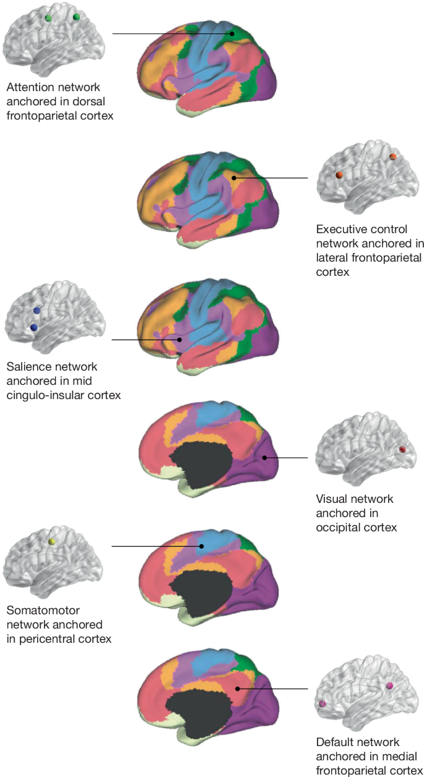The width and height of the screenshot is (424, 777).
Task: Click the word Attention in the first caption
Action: [x=28, y=87]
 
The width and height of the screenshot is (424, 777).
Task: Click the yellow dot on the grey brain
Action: [x=53, y=542]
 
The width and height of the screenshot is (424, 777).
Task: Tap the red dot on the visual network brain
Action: [x=402, y=450]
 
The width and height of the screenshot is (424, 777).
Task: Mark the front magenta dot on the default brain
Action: [x=322, y=704]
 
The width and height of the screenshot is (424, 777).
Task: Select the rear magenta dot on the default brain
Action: [x=389, y=685]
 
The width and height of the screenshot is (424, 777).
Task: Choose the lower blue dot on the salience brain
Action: [x=33, y=327]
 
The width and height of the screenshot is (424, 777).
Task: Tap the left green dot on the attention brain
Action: [x=48, y=19]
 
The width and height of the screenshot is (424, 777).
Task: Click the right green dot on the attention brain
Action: [x=76, y=17]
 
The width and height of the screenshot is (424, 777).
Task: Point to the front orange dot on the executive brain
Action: [x=339, y=175]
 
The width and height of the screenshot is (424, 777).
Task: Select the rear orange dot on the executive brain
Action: [x=392, y=157]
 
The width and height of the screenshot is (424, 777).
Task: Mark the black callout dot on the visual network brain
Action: [x=264, y=458]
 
